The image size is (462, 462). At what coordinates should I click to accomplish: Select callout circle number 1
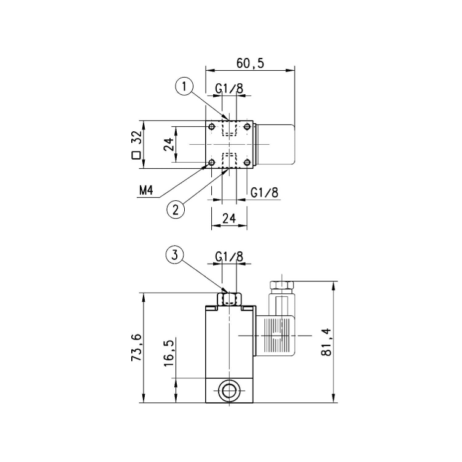click(185, 87)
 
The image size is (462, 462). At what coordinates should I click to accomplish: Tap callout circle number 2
click(176, 209)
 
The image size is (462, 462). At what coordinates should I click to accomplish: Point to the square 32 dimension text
click(136, 145)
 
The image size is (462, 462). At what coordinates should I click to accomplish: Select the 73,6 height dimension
click(136, 348)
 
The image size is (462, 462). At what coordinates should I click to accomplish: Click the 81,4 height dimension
click(343, 342)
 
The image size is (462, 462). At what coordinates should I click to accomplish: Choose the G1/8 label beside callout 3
click(229, 256)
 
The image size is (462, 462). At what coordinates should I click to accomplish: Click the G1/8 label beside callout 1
click(229, 89)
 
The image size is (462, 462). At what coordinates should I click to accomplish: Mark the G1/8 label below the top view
click(264, 192)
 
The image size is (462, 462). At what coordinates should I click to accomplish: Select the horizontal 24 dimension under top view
click(229, 217)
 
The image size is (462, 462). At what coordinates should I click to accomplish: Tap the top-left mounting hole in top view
click(212, 127)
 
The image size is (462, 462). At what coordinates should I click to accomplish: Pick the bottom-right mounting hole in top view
click(247, 163)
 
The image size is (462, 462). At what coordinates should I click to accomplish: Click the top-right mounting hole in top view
click(247, 127)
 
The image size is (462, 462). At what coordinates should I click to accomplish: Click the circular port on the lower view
click(229, 391)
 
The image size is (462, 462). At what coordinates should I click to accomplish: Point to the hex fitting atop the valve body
click(229, 299)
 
